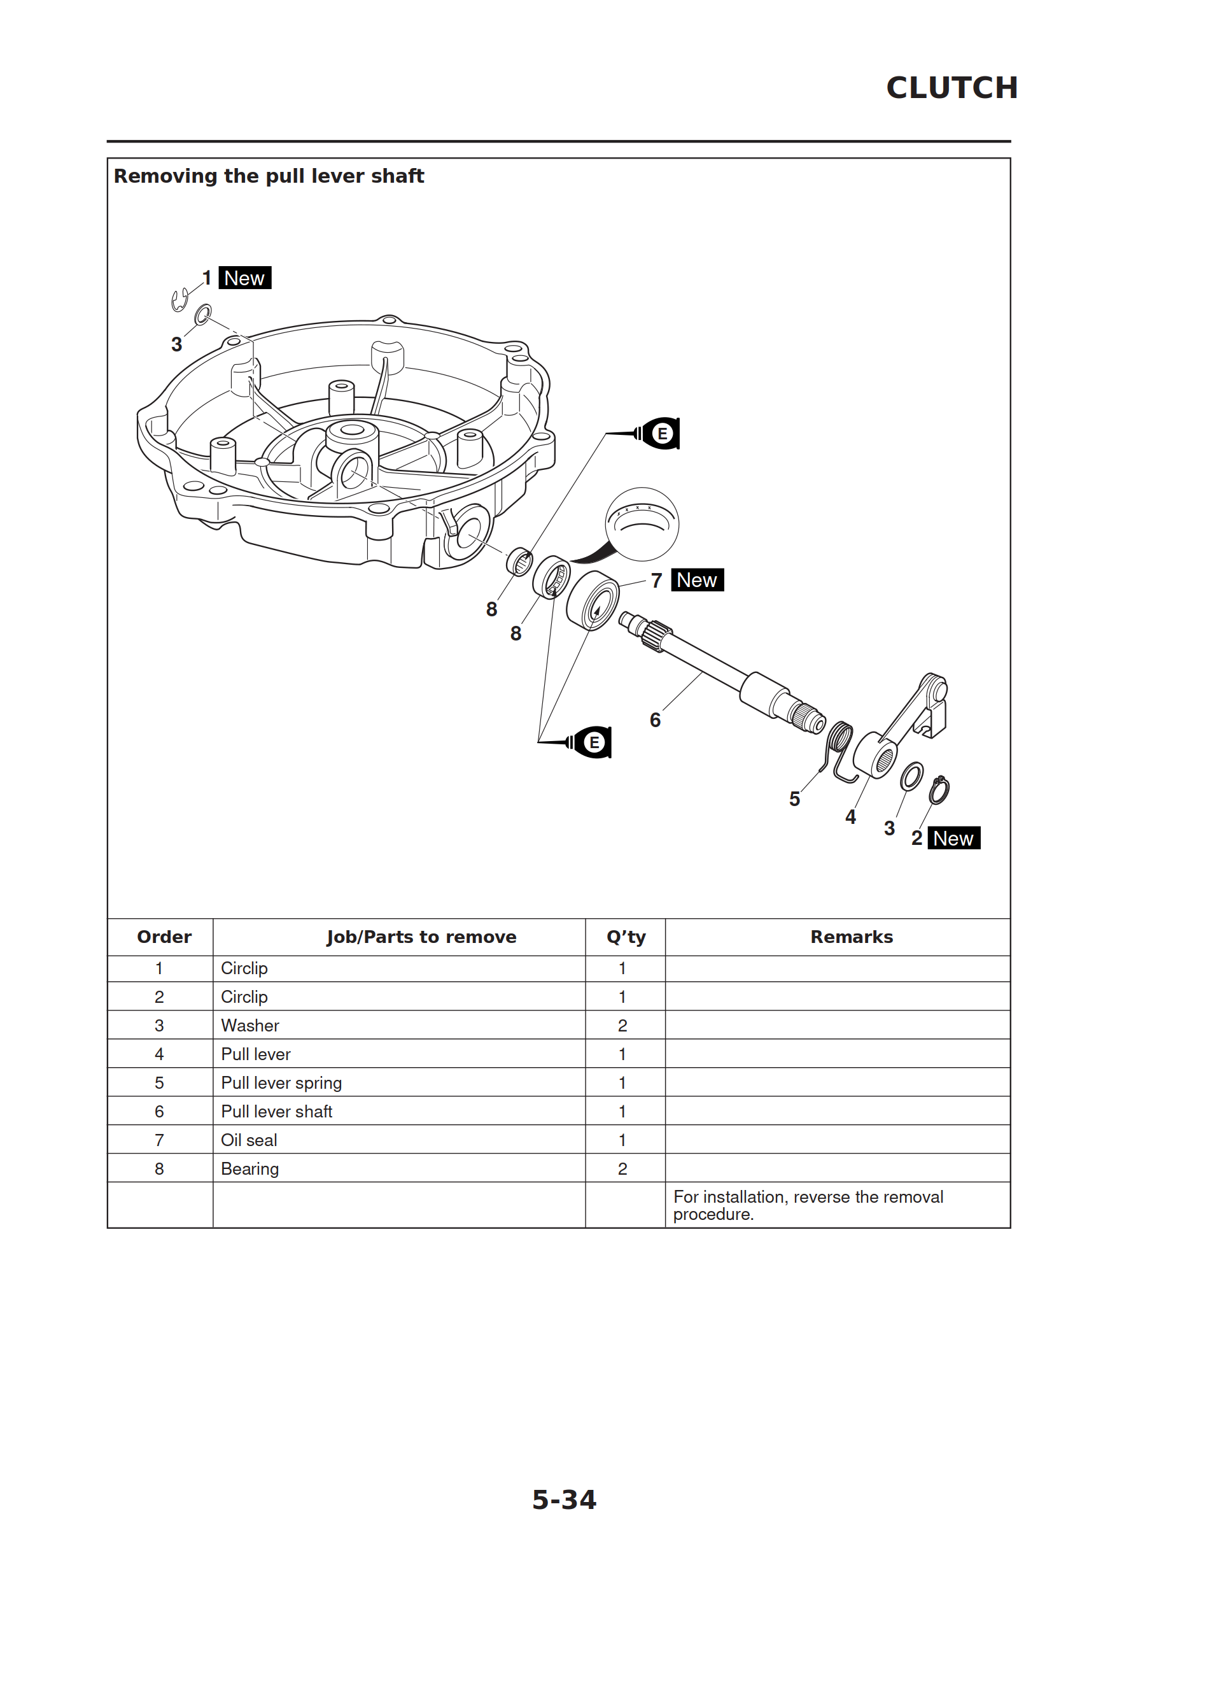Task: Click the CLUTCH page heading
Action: click(951, 88)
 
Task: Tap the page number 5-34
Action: click(563, 1499)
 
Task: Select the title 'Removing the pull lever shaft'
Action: click(269, 176)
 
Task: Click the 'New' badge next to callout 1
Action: click(244, 278)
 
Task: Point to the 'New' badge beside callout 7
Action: click(696, 580)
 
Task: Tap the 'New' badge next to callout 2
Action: click(953, 838)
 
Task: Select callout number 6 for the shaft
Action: click(655, 719)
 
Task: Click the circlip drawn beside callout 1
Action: click(179, 300)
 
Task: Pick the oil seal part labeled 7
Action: click(593, 600)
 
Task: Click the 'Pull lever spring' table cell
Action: click(281, 1082)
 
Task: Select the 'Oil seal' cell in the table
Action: click(249, 1140)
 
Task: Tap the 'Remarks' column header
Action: click(851, 937)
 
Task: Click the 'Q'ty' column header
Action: click(625, 937)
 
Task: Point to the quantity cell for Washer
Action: click(622, 1025)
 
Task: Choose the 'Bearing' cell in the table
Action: click(249, 1168)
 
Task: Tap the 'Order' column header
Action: click(164, 937)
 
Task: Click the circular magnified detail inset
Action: click(642, 523)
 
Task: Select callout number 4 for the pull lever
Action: click(850, 816)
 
